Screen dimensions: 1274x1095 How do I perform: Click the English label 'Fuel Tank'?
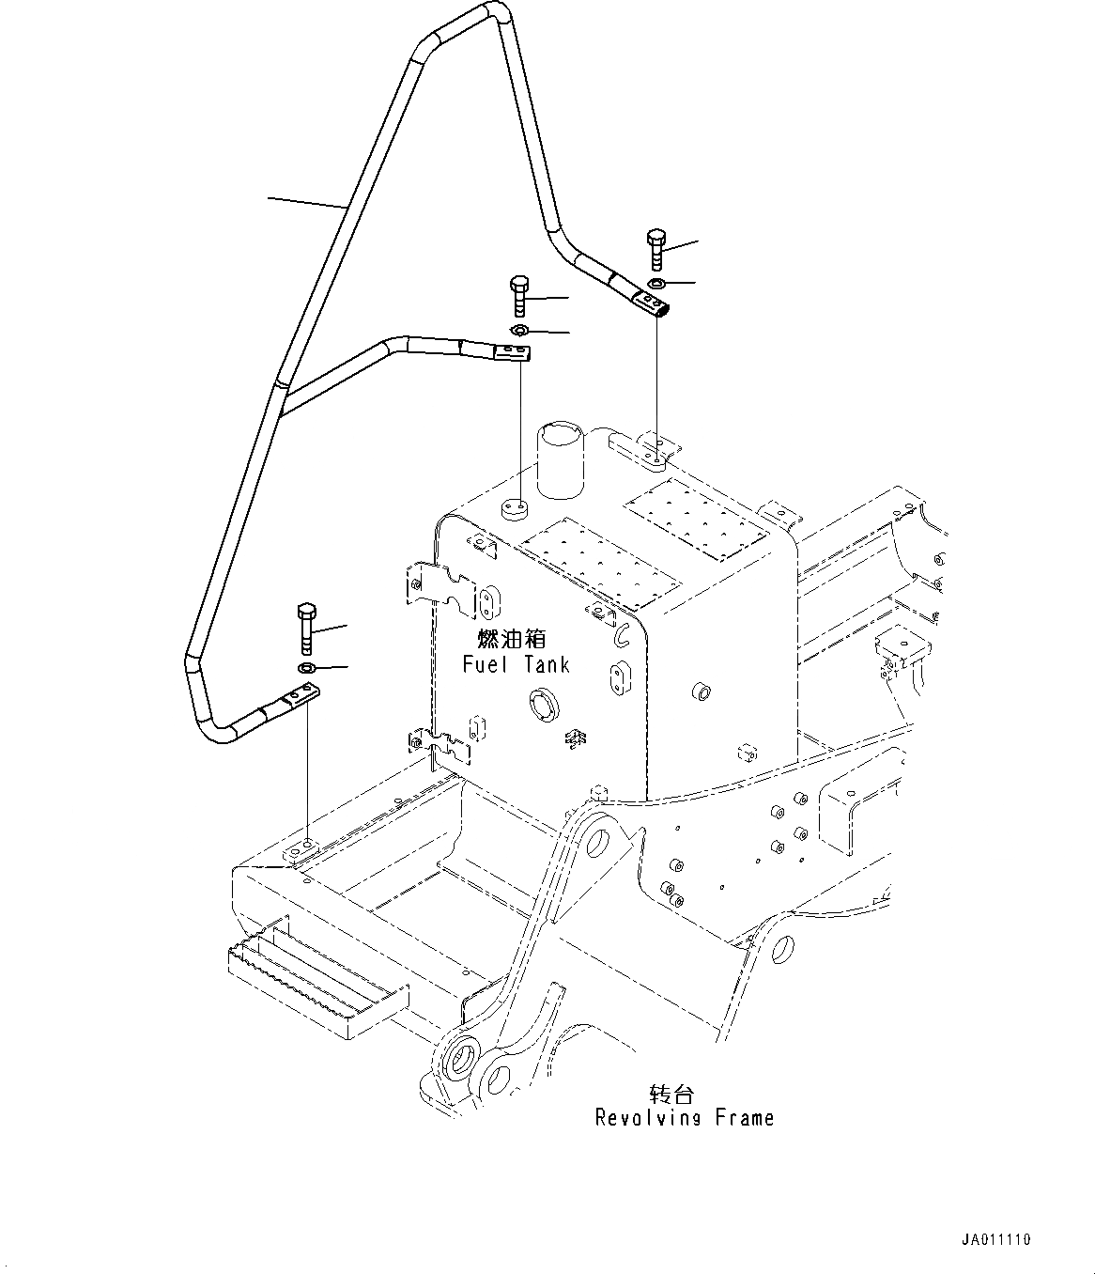(516, 665)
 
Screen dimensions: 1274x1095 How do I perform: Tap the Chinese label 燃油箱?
(512, 639)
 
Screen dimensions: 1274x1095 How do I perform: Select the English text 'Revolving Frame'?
(685, 1118)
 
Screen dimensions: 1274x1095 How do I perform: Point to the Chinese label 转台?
(671, 1094)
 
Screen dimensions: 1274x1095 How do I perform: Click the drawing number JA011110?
(995, 1240)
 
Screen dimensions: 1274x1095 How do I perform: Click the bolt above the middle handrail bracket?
(519, 297)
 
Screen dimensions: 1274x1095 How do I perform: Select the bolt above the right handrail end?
(655, 249)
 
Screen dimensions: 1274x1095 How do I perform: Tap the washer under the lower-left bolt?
(307, 668)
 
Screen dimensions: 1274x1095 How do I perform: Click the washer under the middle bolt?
(519, 331)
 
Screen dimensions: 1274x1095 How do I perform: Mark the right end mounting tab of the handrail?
(651, 303)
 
